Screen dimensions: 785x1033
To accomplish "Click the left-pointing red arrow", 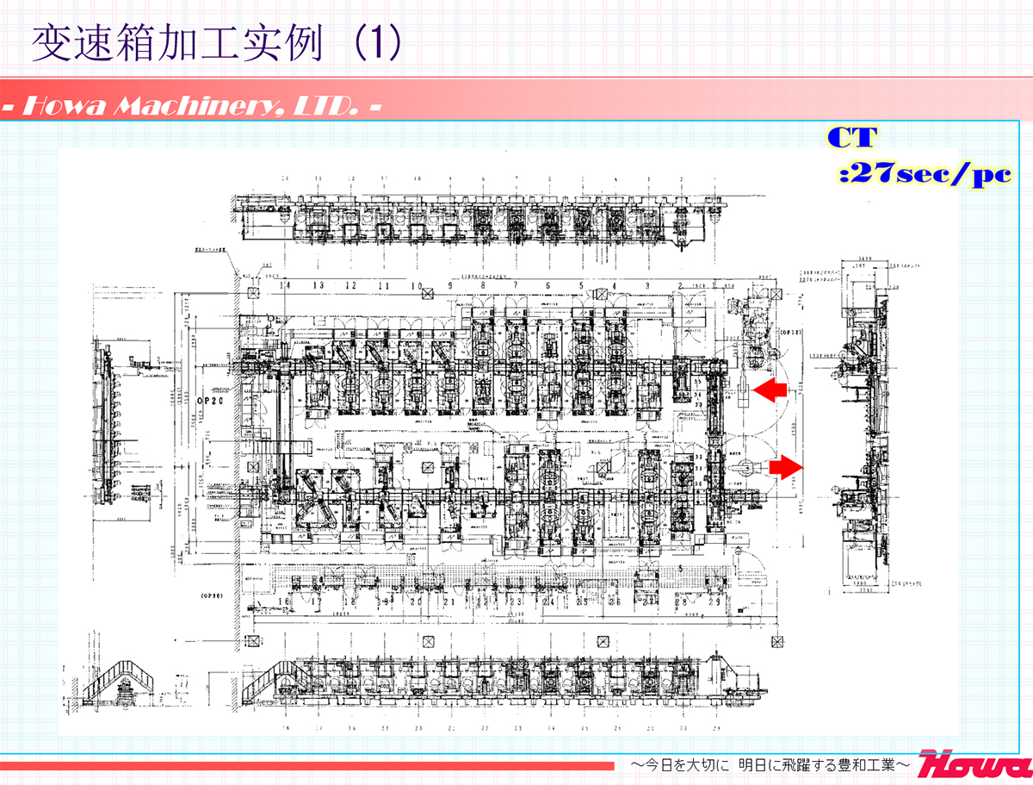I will pyautogui.click(x=770, y=390).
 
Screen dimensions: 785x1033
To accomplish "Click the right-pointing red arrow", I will pyautogui.click(x=784, y=466).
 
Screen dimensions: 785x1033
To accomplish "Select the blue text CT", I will pyautogui.click(x=852, y=138).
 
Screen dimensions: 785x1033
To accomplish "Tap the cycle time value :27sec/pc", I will pyautogui.click(x=924, y=175).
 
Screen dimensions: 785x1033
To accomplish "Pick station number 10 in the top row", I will pyautogui.click(x=417, y=285).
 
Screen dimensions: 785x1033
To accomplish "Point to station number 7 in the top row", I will pyautogui.click(x=515, y=285).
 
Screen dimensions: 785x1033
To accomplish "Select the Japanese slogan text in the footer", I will pyautogui.click(x=770, y=764).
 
